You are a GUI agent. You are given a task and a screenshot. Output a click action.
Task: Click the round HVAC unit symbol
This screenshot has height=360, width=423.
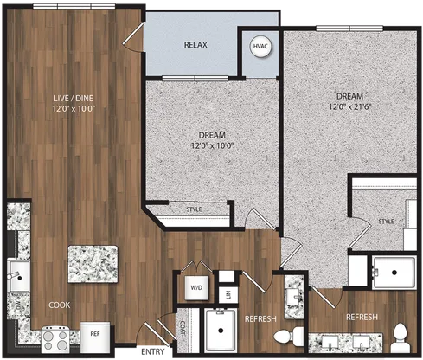coord(260,47)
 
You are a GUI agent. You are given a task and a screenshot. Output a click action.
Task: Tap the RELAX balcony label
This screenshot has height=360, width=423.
coord(195,45)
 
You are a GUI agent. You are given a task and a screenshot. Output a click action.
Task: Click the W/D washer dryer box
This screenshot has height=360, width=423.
coord(196,287)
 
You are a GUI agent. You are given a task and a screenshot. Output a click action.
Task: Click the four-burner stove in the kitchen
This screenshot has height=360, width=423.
coord(55,340)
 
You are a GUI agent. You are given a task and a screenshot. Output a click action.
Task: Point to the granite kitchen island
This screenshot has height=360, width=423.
coord(93,264)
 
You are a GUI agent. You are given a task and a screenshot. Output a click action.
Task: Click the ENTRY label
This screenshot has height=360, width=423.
coord(153,352)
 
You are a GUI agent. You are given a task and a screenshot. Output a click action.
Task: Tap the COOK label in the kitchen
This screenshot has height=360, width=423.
coord(60,305)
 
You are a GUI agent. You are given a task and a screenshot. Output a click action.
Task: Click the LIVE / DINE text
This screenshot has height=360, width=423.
coord(74,98)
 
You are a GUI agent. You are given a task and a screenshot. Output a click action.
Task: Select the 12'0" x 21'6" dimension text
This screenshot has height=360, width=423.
coord(349,106)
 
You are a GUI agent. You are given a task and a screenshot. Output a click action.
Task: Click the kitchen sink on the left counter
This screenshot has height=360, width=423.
coord(19,276)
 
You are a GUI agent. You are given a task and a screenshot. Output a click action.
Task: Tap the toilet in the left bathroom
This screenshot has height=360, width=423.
coord(289,335)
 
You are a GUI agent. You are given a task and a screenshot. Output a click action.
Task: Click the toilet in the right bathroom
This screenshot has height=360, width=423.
coord(401,337)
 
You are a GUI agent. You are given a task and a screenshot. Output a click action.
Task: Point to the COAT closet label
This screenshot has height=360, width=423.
coord(183,328)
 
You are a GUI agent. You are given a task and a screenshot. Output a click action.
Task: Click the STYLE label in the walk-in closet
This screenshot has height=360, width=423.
coord(386,222)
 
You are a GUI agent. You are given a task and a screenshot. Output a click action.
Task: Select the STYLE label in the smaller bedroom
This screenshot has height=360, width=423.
coord(194,209)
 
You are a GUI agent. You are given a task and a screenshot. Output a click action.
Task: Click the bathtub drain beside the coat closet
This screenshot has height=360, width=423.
coord(221,331)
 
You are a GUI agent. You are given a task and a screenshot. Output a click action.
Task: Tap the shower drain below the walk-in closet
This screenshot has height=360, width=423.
coord(394,272)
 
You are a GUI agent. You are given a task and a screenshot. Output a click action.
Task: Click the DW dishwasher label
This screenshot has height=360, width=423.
coord(18,305)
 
